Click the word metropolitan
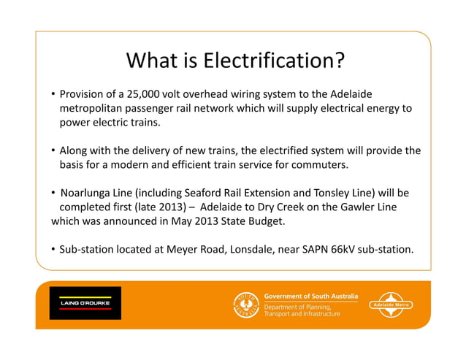pyautogui.click(x=92, y=109)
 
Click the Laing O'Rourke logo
pyautogui.click(x=84, y=302)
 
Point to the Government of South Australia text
pyautogui.click(x=310, y=296)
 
